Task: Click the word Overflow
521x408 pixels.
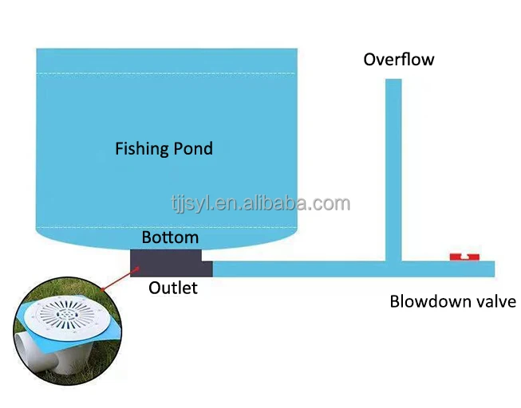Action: [399, 59]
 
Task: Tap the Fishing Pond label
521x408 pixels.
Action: [164, 148]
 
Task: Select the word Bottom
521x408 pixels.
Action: [170, 237]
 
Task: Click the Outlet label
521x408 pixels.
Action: [172, 288]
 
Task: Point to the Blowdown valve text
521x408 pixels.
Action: [452, 301]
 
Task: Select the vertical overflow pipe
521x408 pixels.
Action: [393, 159]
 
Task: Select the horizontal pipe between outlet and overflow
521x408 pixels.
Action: [295, 269]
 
